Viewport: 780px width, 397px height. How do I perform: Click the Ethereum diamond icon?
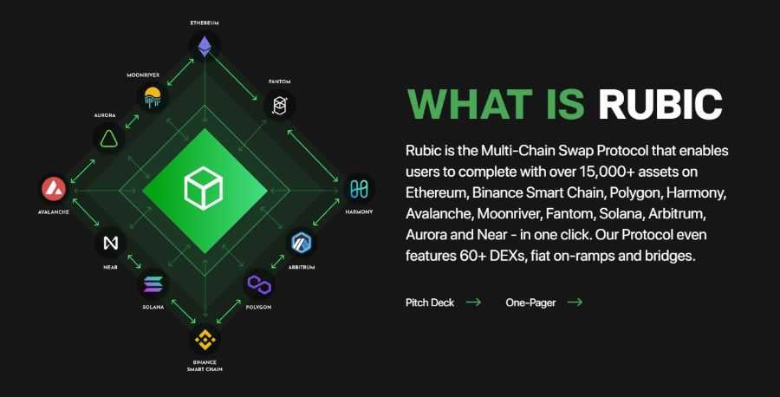(205, 46)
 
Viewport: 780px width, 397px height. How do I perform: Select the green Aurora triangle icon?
(108, 137)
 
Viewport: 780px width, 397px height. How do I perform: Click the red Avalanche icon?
(54, 188)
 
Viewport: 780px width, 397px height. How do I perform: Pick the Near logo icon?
(110, 243)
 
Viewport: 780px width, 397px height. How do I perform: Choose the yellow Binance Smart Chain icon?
(205, 337)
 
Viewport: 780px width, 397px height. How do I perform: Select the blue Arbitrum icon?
(301, 242)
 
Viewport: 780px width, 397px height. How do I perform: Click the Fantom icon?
(280, 106)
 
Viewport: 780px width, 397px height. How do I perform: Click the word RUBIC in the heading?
(660, 104)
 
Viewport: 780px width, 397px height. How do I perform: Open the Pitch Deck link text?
(430, 303)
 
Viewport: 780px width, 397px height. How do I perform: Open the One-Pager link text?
(530, 303)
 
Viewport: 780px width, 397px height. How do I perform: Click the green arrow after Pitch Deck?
(473, 303)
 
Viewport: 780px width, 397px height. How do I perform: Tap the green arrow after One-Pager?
(574, 303)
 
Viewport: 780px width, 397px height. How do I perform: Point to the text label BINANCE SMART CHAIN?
(205, 365)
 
